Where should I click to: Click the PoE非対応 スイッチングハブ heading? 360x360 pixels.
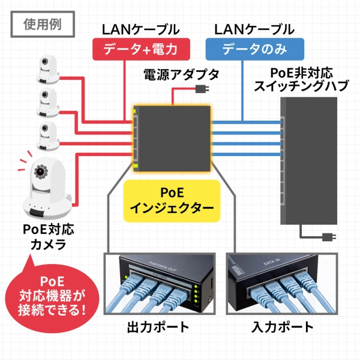coord(301,79)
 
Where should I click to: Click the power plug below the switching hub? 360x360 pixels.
coord(328,235)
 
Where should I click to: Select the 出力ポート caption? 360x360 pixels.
coord(158,328)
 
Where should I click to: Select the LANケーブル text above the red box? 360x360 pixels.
coord(140,29)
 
